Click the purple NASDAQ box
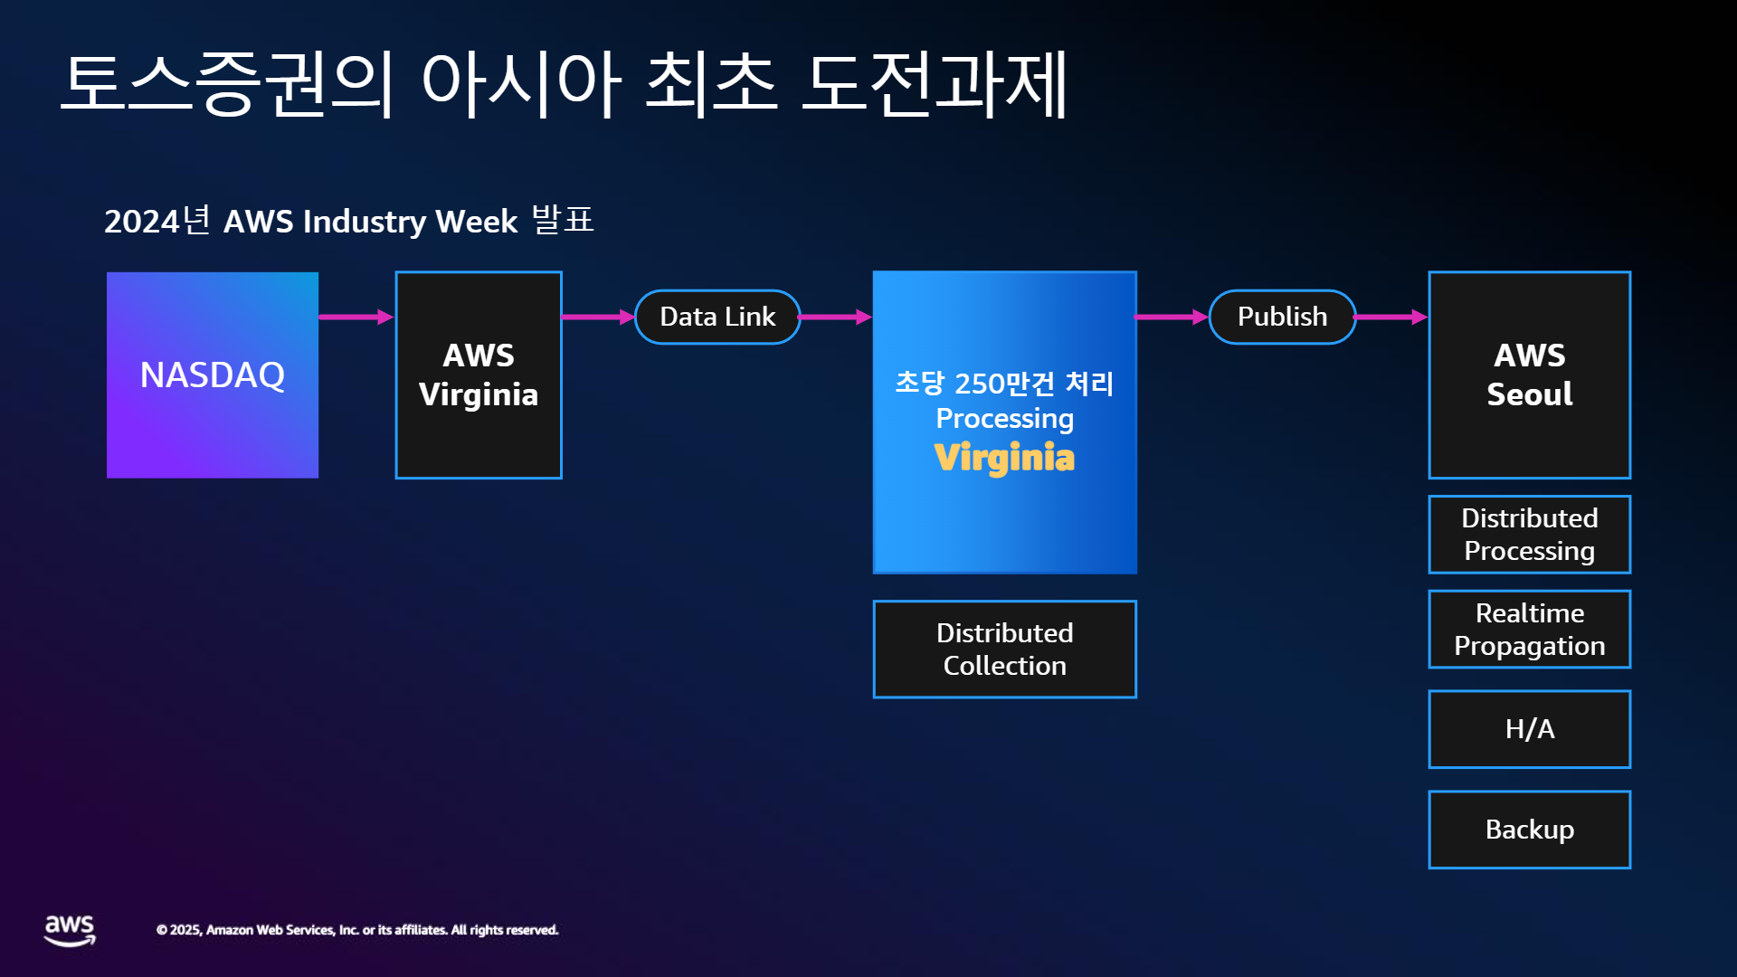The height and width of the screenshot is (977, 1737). coord(213,375)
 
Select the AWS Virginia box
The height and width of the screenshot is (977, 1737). coord(479,375)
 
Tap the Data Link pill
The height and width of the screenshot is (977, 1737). coord(717,317)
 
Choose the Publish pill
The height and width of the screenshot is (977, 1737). coord(1282,317)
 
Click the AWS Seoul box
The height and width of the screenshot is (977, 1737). coord(1530,375)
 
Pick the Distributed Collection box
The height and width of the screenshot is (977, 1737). coord(1004,650)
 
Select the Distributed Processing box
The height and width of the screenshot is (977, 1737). coord(1530,535)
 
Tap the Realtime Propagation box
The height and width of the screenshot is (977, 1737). coord(1530,630)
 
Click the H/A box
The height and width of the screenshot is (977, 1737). coord(1530,729)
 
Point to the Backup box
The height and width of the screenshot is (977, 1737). coord(1530,830)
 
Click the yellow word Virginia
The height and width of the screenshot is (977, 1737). coord(1004,458)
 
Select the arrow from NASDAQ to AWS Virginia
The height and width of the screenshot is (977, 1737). coord(356,317)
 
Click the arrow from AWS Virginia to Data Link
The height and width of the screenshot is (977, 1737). coord(598,317)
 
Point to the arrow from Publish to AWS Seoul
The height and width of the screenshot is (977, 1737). coord(1391,317)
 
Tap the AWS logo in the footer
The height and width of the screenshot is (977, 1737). coord(70,930)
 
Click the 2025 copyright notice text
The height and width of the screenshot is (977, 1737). coord(357,930)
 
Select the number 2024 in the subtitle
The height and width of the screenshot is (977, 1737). coord(142,222)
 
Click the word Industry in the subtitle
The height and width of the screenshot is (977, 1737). coord(365,222)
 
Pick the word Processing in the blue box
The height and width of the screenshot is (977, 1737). coord(1004,419)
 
